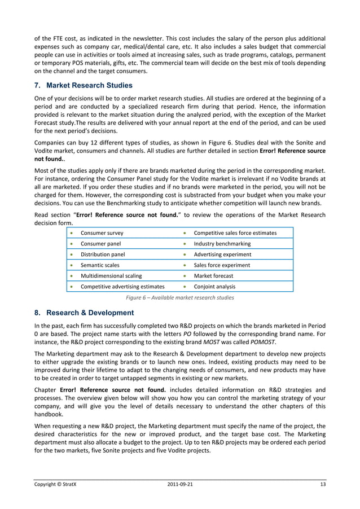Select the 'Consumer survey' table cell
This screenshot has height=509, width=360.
tap(102, 233)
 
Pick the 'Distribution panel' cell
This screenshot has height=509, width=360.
tap(103, 254)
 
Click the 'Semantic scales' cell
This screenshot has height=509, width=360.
tap(101, 265)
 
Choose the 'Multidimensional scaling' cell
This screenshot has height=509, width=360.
tap(111, 276)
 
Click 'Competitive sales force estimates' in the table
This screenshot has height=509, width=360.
tap(235, 233)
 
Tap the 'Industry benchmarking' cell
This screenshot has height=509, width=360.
tap(222, 244)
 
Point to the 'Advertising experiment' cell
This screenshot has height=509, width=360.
tap(222, 254)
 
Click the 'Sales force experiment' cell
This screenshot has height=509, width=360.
tap(222, 265)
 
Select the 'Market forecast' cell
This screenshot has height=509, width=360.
tap(213, 276)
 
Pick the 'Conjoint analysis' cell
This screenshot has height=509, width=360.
tap(215, 287)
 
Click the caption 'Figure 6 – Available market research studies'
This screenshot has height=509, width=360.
tap(179, 297)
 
